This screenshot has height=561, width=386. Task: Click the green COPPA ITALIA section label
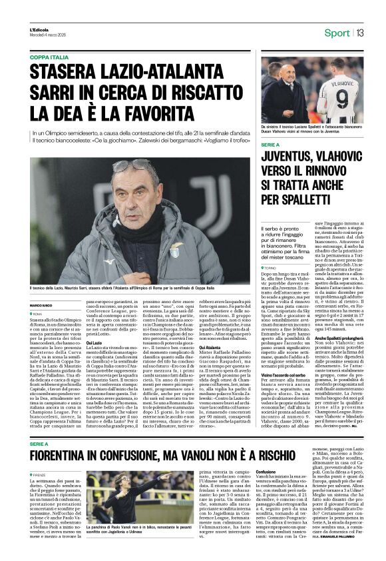pos(49,57)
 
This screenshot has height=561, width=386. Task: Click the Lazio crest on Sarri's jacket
pos(174,251)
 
